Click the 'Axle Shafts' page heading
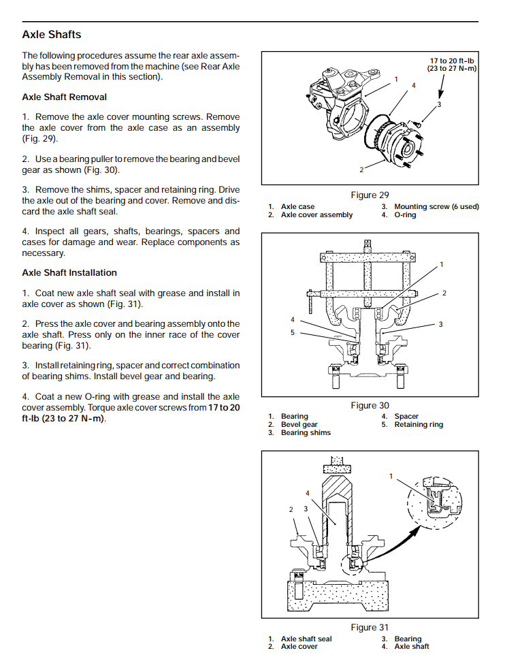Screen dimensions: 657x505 [x=52, y=34]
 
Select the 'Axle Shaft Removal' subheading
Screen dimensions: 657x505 [x=64, y=97]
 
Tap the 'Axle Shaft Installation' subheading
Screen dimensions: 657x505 [x=69, y=272]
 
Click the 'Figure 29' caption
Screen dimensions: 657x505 [x=370, y=195]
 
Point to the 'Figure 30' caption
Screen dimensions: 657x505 [x=370, y=406]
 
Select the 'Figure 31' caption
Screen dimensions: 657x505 [x=370, y=628]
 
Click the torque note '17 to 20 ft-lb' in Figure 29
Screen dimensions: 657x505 [x=452, y=61]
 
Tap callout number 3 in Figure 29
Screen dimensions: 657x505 [x=439, y=104]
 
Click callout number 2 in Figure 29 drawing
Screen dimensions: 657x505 [x=361, y=169]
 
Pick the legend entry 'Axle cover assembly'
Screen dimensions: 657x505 [x=316, y=215]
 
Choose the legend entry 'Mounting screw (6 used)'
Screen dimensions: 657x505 [x=436, y=207]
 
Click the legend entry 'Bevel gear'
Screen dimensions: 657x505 [x=299, y=425]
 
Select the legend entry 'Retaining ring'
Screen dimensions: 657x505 [x=418, y=425]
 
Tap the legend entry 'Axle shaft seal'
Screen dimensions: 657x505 [x=306, y=639]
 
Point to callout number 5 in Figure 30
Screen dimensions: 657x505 [x=293, y=333]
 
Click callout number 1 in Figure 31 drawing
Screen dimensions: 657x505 [x=391, y=476]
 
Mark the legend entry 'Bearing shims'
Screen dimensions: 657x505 [x=306, y=433]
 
